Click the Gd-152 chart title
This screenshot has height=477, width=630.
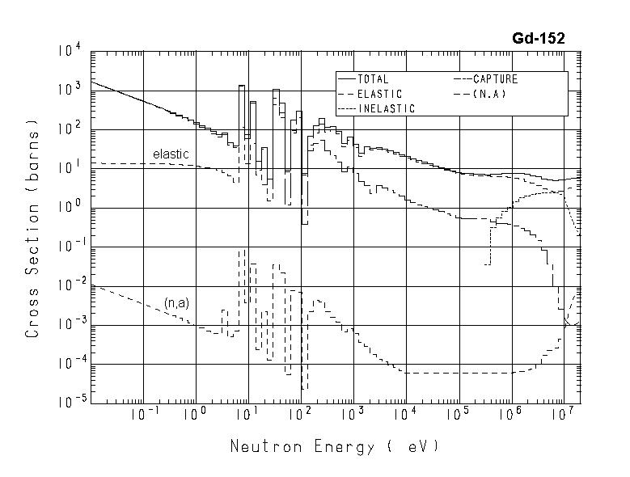click(x=538, y=38)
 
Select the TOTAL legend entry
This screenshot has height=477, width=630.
click(x=373, y=80)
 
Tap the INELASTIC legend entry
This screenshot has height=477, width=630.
click(x=386, y=108)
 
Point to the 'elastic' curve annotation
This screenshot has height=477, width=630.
click(x=171, y=154)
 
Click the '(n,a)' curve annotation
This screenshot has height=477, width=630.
click(x=177, y=302)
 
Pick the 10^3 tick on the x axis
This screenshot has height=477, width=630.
click(x=352, y=415)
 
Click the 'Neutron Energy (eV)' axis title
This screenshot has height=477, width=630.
click(x=335, y=445)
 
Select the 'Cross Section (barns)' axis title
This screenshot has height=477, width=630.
click(x=33, y=229)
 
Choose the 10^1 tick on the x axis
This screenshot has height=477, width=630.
click(x=247, y=415)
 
